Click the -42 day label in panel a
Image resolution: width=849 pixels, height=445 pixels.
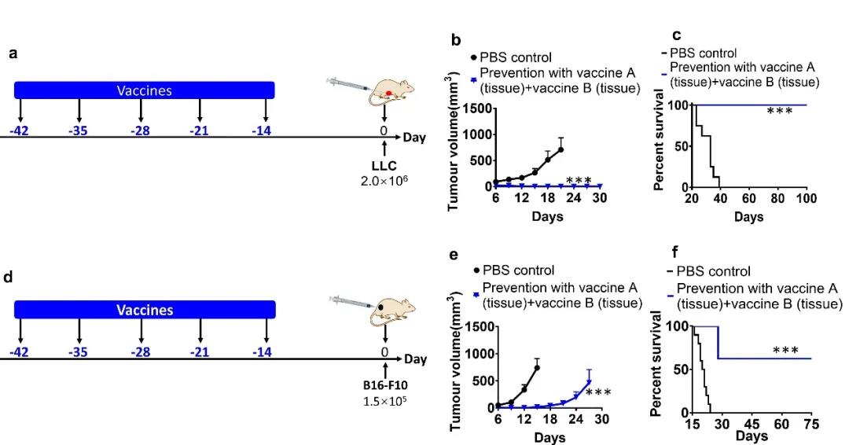[19, 131]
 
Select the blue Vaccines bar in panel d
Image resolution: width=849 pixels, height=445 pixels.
[145, 310]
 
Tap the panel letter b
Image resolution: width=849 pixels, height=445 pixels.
[454, 39]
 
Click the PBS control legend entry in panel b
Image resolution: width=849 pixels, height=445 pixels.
[515, 57]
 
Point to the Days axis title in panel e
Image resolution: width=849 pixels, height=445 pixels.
[549, 438]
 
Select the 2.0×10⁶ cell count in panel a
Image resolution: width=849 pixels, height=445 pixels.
[384, 181]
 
